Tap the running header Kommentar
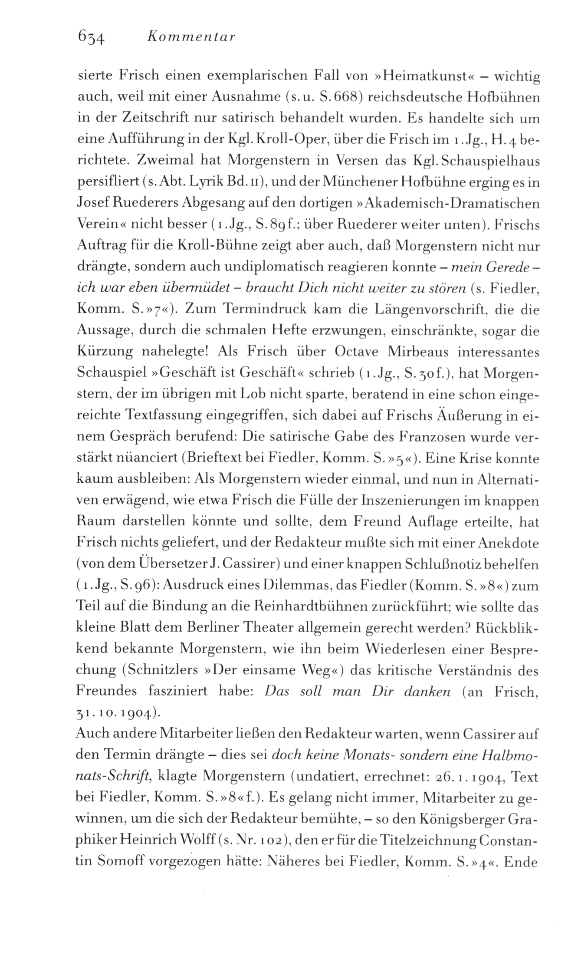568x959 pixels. [x=190, y=38]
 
